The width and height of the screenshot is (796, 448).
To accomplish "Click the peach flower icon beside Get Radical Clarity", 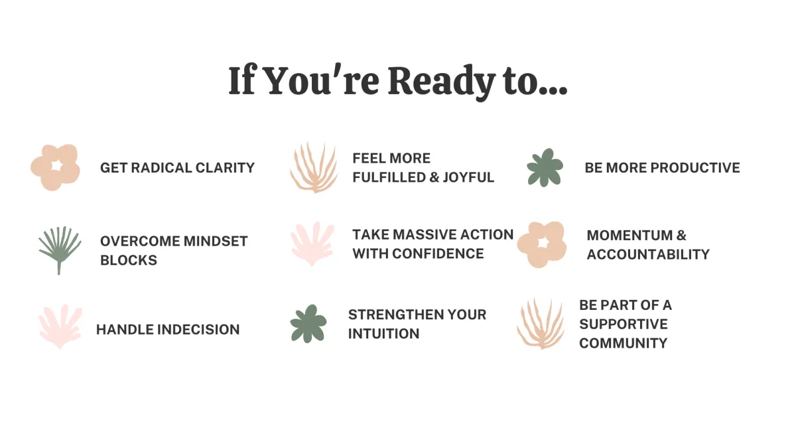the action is (x=56, y=167).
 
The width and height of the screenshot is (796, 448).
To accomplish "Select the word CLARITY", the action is (x=225, y=168).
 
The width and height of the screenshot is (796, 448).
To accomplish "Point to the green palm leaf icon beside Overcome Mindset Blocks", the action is (x=59, y=250).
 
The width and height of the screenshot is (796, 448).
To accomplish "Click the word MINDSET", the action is (x=216, y=242).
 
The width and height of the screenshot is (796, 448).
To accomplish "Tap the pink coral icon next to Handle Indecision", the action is (x=60, y=327).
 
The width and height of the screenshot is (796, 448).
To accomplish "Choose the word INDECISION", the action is (x=198, y=330).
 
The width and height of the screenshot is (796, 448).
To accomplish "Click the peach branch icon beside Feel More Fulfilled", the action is (x=314, y=167).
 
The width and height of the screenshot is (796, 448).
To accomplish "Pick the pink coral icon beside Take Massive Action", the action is (x=312, y=244).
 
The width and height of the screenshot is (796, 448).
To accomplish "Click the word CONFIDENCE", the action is (x=438, y=254).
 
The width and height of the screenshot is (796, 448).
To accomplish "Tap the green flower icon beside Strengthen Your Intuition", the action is (x=308, y=324).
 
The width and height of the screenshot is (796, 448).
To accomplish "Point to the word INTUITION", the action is (x=384, y=334).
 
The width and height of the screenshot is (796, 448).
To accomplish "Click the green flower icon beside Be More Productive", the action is (x=545, y=167).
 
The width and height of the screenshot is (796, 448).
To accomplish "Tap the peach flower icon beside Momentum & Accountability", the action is (x=542, y=244).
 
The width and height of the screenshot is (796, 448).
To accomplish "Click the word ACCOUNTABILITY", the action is (x=648, y=255).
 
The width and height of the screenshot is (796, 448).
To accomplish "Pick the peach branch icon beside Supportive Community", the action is (x=541, y=324).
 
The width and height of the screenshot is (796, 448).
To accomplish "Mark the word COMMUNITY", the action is (x=624, y=344).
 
